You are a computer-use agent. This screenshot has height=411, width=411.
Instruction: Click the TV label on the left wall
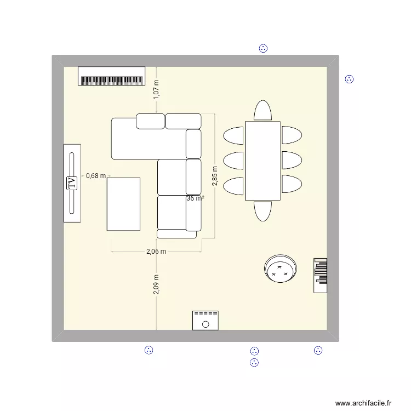click(71, 183)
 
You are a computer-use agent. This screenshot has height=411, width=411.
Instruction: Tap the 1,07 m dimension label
click(156, 89)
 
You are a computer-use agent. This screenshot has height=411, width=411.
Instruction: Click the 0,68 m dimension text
click(95, 176)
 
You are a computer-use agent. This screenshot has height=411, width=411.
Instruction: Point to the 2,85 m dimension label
click(215, 176)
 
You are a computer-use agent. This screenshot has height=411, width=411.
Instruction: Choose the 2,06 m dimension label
click(156, 252)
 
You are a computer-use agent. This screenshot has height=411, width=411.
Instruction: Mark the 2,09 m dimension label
click(156, 284)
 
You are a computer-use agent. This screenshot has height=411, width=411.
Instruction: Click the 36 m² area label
click(195, 198)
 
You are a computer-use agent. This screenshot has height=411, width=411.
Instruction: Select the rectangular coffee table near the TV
click(124, 204)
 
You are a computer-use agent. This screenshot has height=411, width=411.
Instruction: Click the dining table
click(262, 161)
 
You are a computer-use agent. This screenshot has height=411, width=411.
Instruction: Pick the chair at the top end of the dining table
click(262, 111)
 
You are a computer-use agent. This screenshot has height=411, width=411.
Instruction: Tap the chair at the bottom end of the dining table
click(262, 211)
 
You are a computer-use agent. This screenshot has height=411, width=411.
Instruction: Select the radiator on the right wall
click(321, 275)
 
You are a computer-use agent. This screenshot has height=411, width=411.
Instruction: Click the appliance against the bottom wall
click(206, 321)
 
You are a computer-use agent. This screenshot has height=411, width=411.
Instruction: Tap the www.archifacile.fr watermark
click(364, 403)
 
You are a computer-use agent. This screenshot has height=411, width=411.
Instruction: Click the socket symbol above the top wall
click(263, 48)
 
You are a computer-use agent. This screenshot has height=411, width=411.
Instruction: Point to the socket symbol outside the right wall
click(349, 79)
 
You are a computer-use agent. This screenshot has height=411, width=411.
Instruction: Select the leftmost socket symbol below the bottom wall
click(148, 350)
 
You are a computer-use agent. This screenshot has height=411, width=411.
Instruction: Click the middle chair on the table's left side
click(234, 160)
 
